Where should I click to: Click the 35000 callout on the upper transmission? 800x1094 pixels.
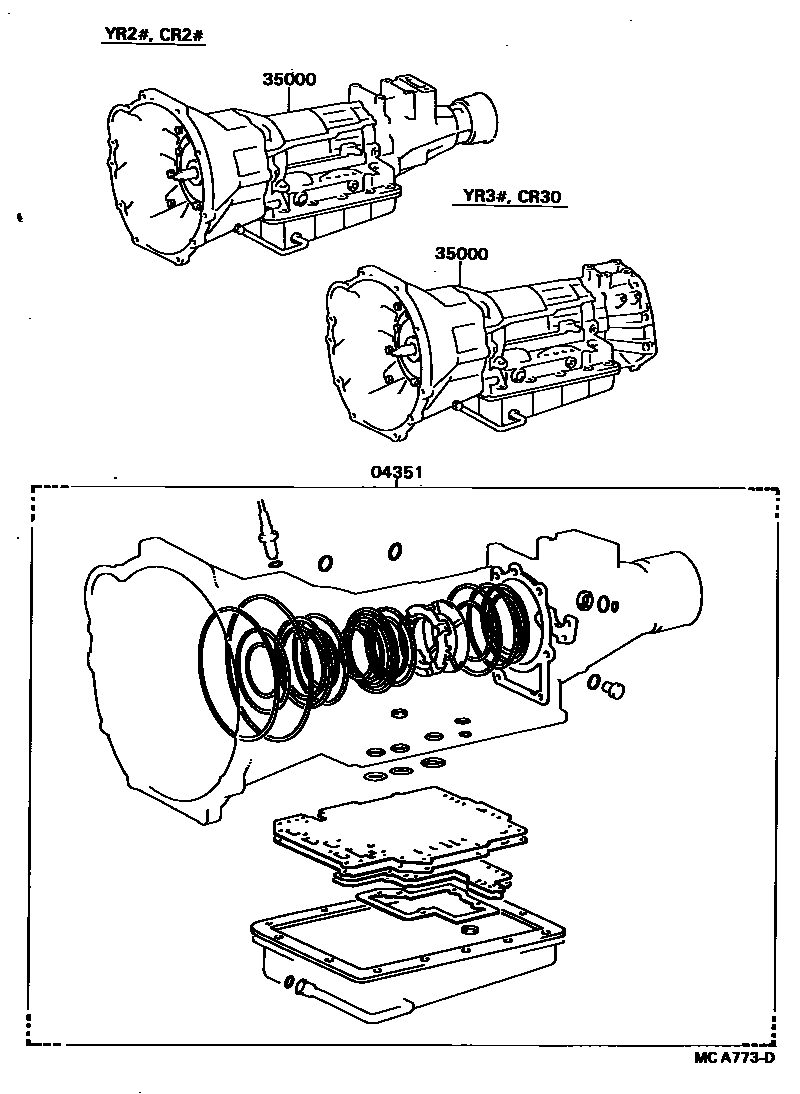[x=289, y=79]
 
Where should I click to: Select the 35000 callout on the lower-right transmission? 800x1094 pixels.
[x=461, y=253]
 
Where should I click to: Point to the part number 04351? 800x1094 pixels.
[x=396, y=472]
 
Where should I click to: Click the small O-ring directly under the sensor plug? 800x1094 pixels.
[x=275, y=562]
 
